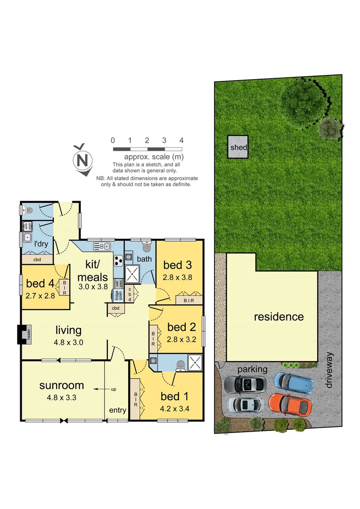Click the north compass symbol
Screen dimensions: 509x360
(83, 159)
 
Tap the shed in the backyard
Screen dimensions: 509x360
(238, 148)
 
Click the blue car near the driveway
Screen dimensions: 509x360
(294, 382)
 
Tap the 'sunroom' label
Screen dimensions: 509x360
(61, 385)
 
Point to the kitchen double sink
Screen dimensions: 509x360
(102, 246)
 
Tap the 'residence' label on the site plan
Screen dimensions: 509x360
(279, 317)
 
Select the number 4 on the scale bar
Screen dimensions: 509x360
(181, 140)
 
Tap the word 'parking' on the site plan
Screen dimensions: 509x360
(252, 369)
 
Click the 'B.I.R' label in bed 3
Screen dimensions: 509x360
(188, 300)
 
